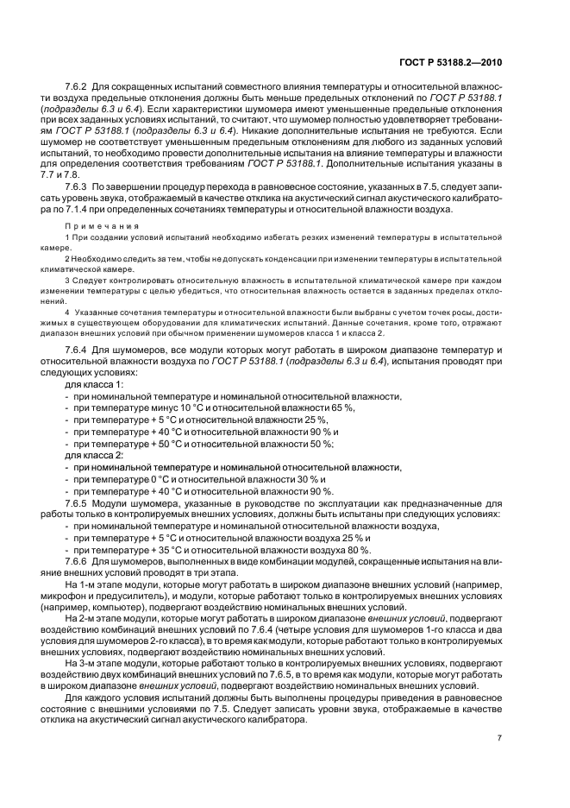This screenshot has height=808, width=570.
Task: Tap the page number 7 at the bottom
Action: click(499, 738)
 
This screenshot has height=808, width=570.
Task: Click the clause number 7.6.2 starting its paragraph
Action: click(78, 88)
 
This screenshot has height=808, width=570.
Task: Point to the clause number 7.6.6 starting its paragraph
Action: click(78, 562)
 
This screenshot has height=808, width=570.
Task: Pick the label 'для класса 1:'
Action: click(94, 383)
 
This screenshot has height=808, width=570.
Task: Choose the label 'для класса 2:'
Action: click(94, 454)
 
